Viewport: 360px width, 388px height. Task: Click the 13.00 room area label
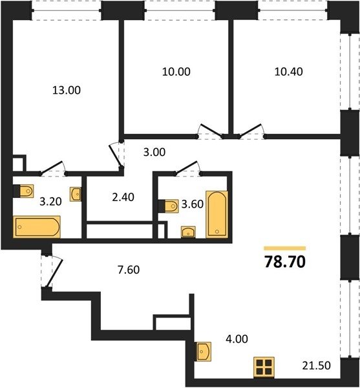click(67, 90)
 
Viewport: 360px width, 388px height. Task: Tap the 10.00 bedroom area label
click(176, 72)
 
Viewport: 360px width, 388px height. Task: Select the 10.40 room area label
click(288, 71)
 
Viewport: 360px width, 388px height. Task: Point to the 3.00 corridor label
click(154, 152)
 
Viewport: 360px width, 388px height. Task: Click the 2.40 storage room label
click(123, 197)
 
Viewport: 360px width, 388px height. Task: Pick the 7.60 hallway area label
click(129, 270)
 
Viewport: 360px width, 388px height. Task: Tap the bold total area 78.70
click(285, 262)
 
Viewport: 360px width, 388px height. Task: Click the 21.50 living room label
click(316, 365)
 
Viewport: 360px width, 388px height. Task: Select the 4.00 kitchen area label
click(237, 339)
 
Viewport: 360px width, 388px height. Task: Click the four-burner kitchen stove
click(264, 367)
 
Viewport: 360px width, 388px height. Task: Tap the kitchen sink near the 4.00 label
click(204, 351)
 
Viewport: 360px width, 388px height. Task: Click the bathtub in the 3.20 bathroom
click(37, 227)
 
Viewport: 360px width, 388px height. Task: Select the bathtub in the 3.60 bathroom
click(217, 214)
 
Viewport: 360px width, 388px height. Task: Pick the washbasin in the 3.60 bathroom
click(188, 232)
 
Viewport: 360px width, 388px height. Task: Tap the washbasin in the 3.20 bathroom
click(76, 194)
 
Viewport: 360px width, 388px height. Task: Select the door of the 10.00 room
click(211, 130)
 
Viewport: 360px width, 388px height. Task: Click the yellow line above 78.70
click(285, 248)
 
